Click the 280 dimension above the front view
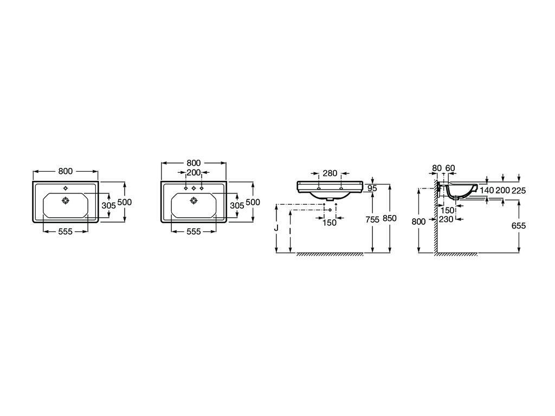click(330, 173)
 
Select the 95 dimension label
click(372, 188)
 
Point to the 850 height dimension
click(390, 219)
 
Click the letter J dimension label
click(276, 228)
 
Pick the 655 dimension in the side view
click(519, 225)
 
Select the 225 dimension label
click(519, 190)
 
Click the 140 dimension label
click(487, 190)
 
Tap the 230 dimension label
click(446, 219)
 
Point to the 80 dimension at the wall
click(437, 168)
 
